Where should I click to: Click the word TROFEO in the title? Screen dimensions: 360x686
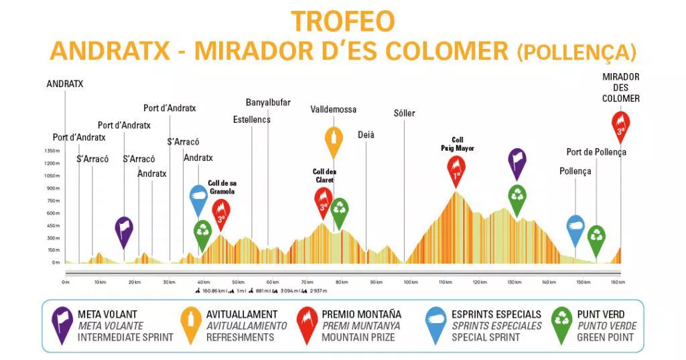(342, 21)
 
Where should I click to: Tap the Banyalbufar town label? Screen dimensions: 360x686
(268, 103)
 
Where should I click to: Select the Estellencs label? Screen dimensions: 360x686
(252, 120)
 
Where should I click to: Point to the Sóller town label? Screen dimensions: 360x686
(404, 113)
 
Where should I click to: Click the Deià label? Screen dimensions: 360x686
(366, 135)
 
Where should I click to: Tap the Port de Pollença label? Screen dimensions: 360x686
(596, 152)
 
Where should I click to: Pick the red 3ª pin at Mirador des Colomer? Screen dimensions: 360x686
(621, 125)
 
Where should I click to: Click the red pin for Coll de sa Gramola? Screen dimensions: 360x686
(221, 212)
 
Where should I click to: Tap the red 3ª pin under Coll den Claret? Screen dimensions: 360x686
(324, 200)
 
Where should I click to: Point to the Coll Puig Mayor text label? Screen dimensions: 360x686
(458, 144)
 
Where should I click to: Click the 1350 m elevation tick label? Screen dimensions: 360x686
(52, 151)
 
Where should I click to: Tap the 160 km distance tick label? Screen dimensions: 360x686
(618, 282)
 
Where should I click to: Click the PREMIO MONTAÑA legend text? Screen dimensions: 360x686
(361, 314)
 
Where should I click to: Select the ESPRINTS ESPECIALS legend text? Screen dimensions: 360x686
(496, 314)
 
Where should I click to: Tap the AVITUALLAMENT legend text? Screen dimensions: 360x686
(242, 314)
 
